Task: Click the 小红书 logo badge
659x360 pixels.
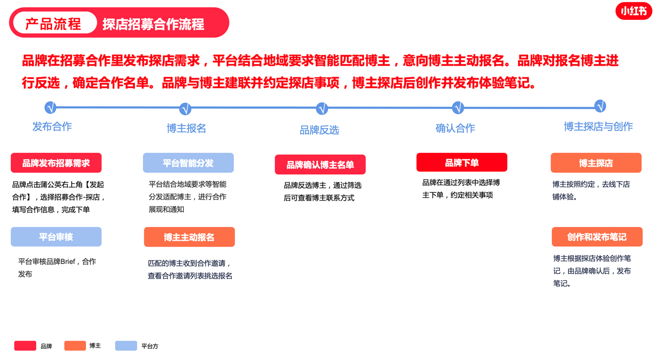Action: pos(634,11)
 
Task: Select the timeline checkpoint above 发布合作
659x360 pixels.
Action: pos(50,108)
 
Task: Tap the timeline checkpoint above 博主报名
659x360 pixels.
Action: pos(185,109)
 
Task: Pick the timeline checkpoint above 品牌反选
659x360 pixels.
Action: pos(322,109)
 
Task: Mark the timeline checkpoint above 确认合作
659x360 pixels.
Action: pos(458,108)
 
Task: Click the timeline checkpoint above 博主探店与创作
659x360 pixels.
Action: pos(600,106)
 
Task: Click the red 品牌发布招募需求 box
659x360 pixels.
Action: pos(56,163)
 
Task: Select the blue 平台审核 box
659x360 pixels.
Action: pos(56,237)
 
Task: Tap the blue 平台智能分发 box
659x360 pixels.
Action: pos(188,163)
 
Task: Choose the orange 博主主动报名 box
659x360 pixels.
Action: pos(189,237)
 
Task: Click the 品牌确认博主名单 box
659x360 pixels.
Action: pos(320,165)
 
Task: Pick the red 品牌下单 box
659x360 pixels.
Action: pos(462,162)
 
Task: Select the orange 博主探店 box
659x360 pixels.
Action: pos(596,163)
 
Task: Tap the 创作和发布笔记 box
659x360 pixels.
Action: pos(597,237)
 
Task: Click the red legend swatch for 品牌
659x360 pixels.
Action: pos(25,346)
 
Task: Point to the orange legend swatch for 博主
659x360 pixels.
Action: pos(75,346)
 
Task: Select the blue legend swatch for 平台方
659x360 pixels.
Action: pos(126,346)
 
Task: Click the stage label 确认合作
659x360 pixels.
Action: pos(455,128)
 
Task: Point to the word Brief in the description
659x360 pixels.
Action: pos(68,262)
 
